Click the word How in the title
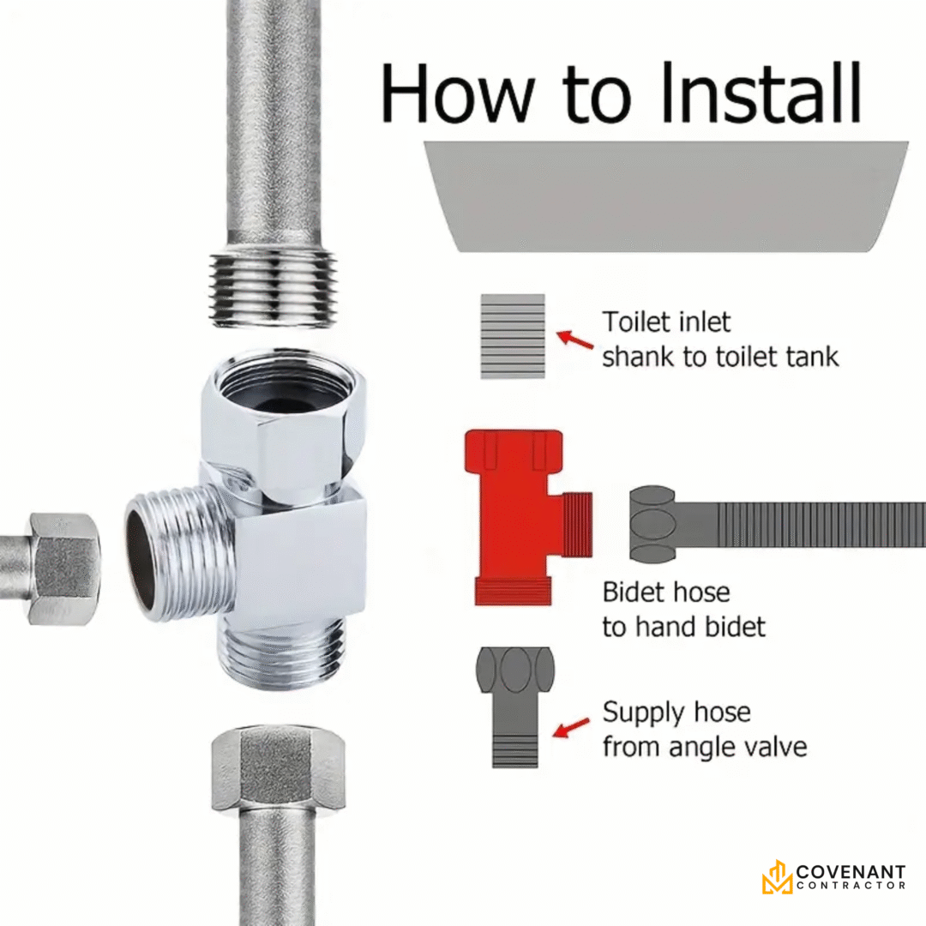coord(457,93)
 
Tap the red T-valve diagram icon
coord(520,517)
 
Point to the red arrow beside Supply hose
coord(571,728)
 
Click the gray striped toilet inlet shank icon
coord(513,336)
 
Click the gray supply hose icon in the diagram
coord(515,707)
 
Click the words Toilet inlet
coord(666,322)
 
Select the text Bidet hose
coord(666,592)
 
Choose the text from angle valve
coord(705,747)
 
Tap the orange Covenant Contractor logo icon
coord(777,877)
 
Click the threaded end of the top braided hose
coord(274,290)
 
